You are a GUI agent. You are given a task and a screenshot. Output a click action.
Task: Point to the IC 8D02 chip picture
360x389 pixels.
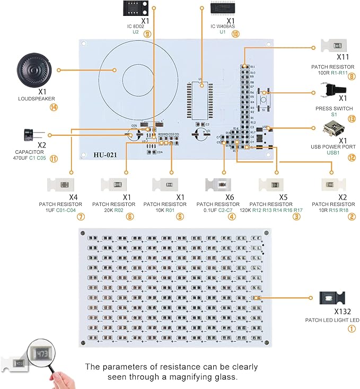[x=136, y=9]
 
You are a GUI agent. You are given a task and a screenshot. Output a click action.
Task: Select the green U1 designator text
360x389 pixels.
[x=223, y=32]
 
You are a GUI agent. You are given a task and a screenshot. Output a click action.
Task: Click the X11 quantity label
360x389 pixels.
[x=343, y=56]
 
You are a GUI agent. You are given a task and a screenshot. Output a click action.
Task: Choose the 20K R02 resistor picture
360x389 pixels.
[x=116, y=185]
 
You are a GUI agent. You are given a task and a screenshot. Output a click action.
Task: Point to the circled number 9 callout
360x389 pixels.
[x=147, y=34]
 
